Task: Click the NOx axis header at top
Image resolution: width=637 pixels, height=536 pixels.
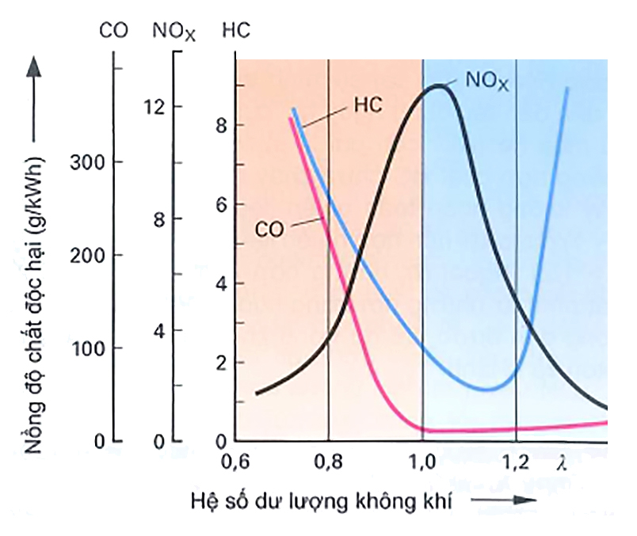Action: point(174,32)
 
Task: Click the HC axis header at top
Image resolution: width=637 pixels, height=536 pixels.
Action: point(236,31)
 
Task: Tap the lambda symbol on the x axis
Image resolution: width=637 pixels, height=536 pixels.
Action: point(563,459)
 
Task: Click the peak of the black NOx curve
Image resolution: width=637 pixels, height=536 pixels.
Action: point(437,86)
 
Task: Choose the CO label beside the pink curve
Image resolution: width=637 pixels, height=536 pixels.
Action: point(270,229)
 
